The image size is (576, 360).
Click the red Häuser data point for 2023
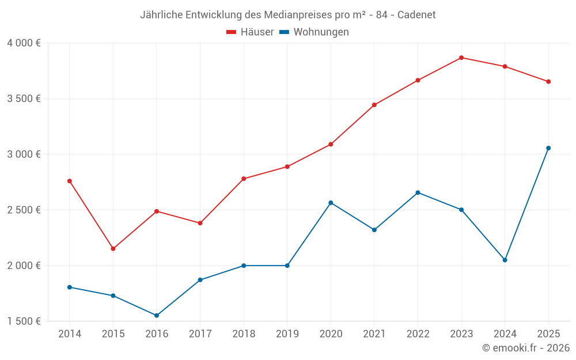pyautogui.click(x=461, y=58)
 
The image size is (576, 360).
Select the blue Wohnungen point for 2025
pyautogui.click(x=548, y=148)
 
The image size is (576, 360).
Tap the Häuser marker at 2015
pyautogui.click(x=113, y=249)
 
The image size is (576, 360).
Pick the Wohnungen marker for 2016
pyautogui.click(x=157, y=316)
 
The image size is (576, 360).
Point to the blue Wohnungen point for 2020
pyautogui.click(x=331, y=203)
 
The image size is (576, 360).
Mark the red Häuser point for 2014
pyautogui.click(x=70, y=181)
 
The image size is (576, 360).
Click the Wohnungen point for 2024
pyautogui.click(x=505, y=260)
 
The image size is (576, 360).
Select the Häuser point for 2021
pyautogui.click(x=374, y=105)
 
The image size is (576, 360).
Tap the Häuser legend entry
pyautogui.click(x=250, y=32)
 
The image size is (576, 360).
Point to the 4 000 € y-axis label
pyautogui.click(x=24, y=43)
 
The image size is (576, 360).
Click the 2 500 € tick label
pyautogui.click(x=24, y=210)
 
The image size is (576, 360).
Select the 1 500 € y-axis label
pyautogui.click(x=24, y=321)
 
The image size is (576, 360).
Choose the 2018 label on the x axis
pyautogui.click(x=244, y=334)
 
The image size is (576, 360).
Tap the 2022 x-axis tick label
pyautogui.click(x=418, y=334)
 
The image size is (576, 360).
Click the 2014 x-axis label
pyautogui.click(x=70, y=334)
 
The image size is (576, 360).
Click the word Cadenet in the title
pyautogui.click(x=417, y=14)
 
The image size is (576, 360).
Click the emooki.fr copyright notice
pyautogui.click(x=526, y=348)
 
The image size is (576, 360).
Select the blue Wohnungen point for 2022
pyautogui.click(x=418, y=192)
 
